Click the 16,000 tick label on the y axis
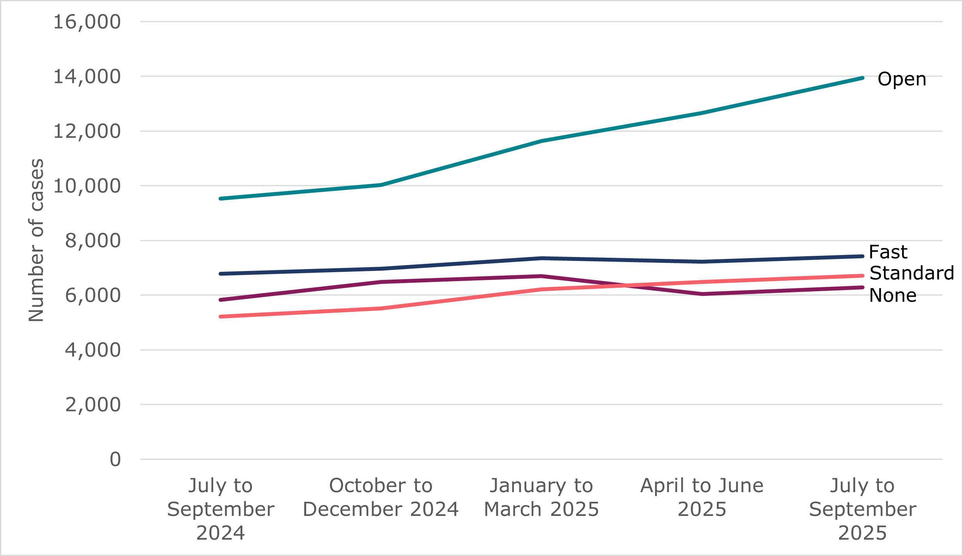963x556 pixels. click(x=86, y=22)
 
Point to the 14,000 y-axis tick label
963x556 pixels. click(x=86, y=77)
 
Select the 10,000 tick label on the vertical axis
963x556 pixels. click(x=86, y=186)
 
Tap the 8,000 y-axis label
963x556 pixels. click(x=92, y=241)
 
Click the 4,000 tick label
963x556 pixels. click(x=92, y=350)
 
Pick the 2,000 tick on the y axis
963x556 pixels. click(x=92, y=405)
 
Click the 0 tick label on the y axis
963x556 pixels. click(x=115, y=459)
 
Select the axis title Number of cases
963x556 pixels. click(x=36, y=240)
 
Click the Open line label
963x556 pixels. click(x=901, y=79)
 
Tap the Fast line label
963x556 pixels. click(x=888, y=252)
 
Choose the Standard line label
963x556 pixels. click(x=912, y=273)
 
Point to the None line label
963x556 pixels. click(x=892, y=296)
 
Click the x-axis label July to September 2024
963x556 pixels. click(x=220, y=509)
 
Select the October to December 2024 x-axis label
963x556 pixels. click(x=381, y=497)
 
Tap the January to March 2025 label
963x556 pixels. click(x=541, y=497)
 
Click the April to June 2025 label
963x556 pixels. click(x=702, y=497)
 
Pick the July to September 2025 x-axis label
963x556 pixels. click(x=862, y=509)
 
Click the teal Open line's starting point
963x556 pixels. click(x=220, y=199)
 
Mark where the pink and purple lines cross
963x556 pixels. click(x=625, y=285)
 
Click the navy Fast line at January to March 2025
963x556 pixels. click(x=541, y=258)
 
